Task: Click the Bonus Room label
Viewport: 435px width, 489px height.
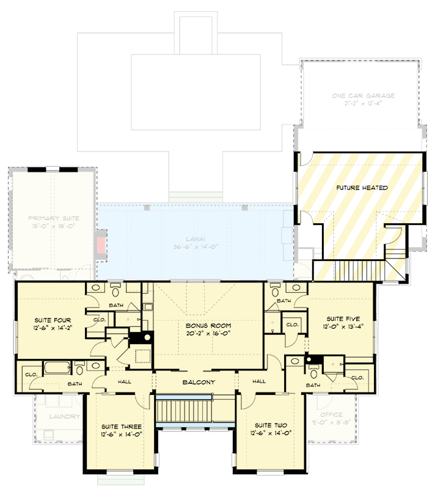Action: click(208, 326)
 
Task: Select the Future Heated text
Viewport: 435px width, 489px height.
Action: click(362, 188)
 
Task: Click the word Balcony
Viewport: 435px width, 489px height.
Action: click(199, 382)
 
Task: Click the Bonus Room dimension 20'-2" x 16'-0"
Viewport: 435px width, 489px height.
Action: click(208, 334)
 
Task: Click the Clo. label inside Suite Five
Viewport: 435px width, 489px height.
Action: click(292, 325)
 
